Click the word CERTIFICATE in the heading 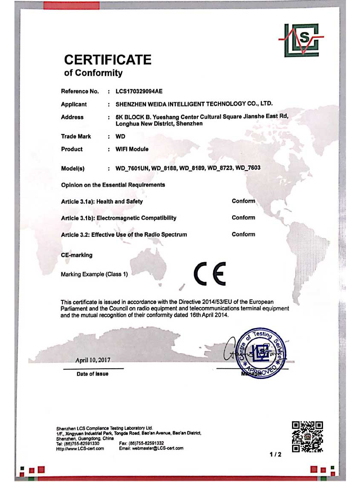pyautogui.click(x=107, y=59)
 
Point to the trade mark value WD pyautogui.click(x=121, y=137)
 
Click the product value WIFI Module pyautogui.click(x=132, y=149)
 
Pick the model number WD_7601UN pyautogui.click(x=132, y=168)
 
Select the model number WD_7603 pyautogui.click(x=247, y=168)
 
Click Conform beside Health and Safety pyautogui.click(x=243, y=201)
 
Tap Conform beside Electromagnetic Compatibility pyautogui.click(x=243, y=218)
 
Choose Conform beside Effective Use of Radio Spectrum pyautogui.click(x=243, y=234)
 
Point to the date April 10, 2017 pyautogui.click(x=93, y=360)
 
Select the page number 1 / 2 pyautogui.click(x=276, y=454)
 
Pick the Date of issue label pyautogui.click(x=93, y=374)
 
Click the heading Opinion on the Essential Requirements pyautogui.click(x=113, y=185)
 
